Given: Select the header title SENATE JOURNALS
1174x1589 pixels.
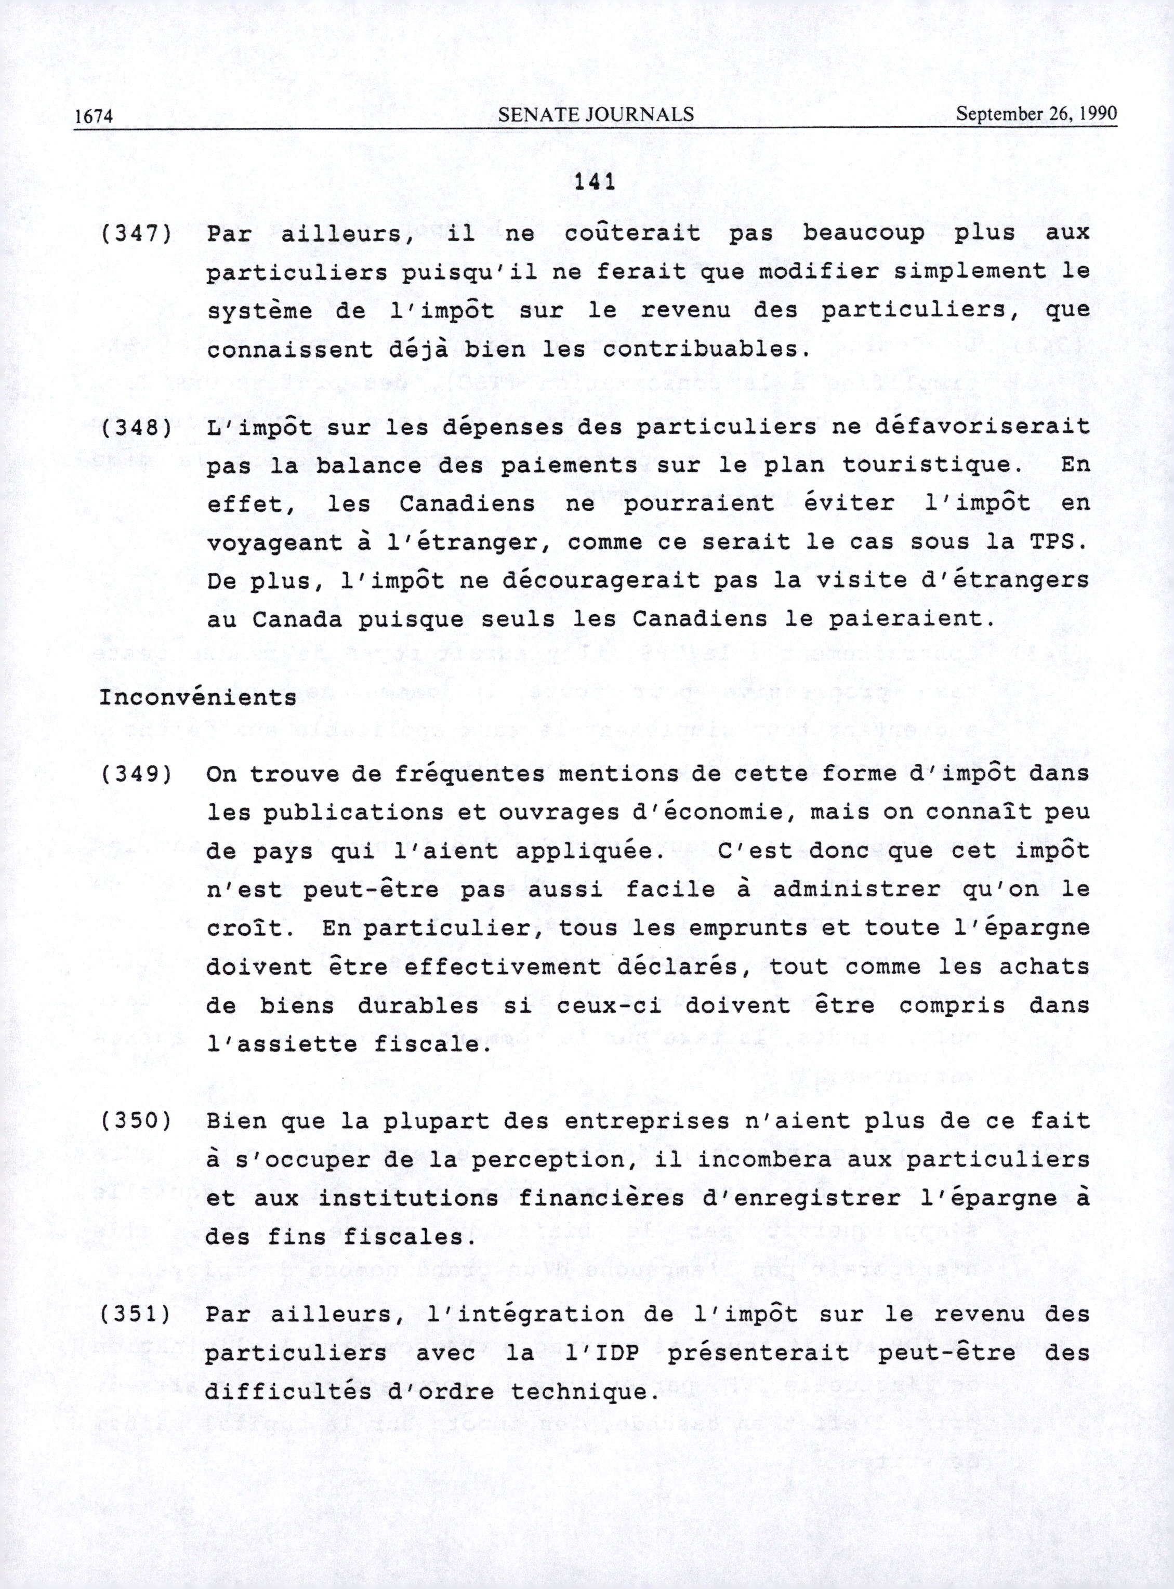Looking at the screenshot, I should [596, 114].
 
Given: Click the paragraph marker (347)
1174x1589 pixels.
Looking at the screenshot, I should [136, 234].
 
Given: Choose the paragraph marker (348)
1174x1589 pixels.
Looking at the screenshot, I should [136, 428].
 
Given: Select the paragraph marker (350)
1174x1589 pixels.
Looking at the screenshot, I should [136, 1121].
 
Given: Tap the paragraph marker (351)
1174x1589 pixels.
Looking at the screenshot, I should [136, 1315].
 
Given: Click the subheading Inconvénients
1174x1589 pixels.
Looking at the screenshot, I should [197, 698].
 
